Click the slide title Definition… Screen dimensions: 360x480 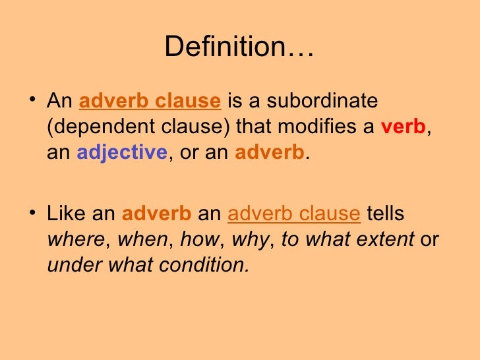click(x=239, y=47)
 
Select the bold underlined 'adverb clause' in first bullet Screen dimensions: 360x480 click(x=150, y=102)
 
